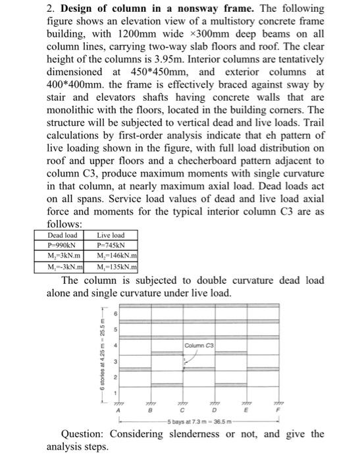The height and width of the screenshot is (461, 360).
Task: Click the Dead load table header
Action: pos(63,235)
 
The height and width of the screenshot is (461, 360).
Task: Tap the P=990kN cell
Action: pos(63,246)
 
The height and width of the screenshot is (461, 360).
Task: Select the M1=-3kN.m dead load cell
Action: pos(63,267)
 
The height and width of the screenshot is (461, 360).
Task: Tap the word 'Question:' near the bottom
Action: pos(83,433)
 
